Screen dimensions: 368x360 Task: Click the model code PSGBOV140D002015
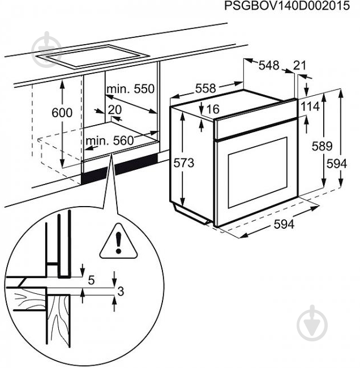(x=292, y=6)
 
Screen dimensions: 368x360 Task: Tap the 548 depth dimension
(x=268, y=66)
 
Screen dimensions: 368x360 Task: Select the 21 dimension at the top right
(x=299, y=66)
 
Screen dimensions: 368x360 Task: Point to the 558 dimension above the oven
(x=205, y=88)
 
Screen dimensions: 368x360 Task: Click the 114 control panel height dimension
(x=310, y=107)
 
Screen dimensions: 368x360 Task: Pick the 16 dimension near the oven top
(x=213, y=109)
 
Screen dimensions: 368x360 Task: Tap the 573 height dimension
(x=184, y=163)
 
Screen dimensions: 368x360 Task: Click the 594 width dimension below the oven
(x=284, y=224)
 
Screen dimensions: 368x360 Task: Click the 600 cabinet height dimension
(x=62, y=113)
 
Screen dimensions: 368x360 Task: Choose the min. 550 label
(x=130, y=89)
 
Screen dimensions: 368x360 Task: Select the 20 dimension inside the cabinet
(x=115, y=109)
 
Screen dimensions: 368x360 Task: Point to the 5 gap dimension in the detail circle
(x=91, y=279)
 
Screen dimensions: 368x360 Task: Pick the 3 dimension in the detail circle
(x=121, y=291)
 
